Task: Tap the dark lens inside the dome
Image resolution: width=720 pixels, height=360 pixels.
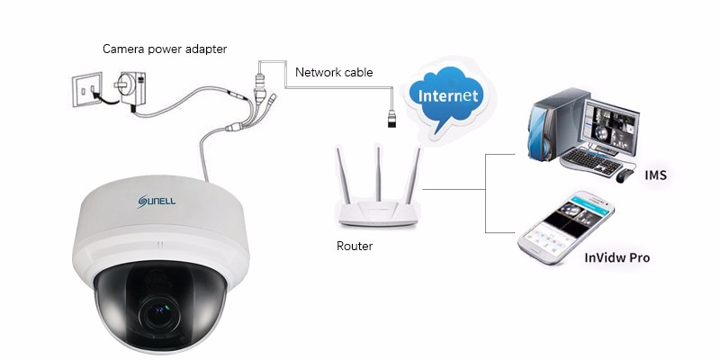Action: tap(166, 310)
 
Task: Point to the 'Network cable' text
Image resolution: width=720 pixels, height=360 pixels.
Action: tap(333, 72)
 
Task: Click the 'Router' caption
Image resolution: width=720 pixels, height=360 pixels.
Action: tap(355, 246)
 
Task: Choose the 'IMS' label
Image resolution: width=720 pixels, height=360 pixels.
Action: tap(656, 175)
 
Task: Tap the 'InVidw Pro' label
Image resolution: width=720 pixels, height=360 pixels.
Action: tap(616, 258)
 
